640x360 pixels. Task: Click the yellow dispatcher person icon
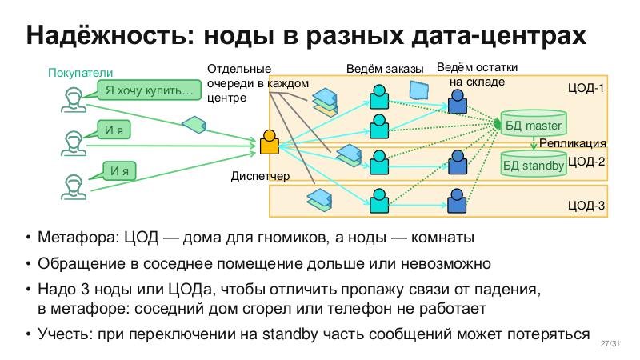pyautogui.click(x=270, y=143)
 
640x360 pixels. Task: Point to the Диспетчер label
pyautogui.click(x=259, y=175)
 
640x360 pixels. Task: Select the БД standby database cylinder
pyautogui.click(x=533, y=164)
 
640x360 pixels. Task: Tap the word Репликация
pyautogui.click(x=571, y=144)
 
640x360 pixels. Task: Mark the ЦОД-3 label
pyautogui.click(x=586, y=206)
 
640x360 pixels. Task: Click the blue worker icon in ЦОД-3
pyautogui.click(x=457, y=201)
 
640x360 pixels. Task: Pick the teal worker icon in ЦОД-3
pyautogui.click(x=378, y=201)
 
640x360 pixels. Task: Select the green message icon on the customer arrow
pyautogui.click(x=194, y=125)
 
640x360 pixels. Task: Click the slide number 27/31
pyautogui.click(x=610, y=345)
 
